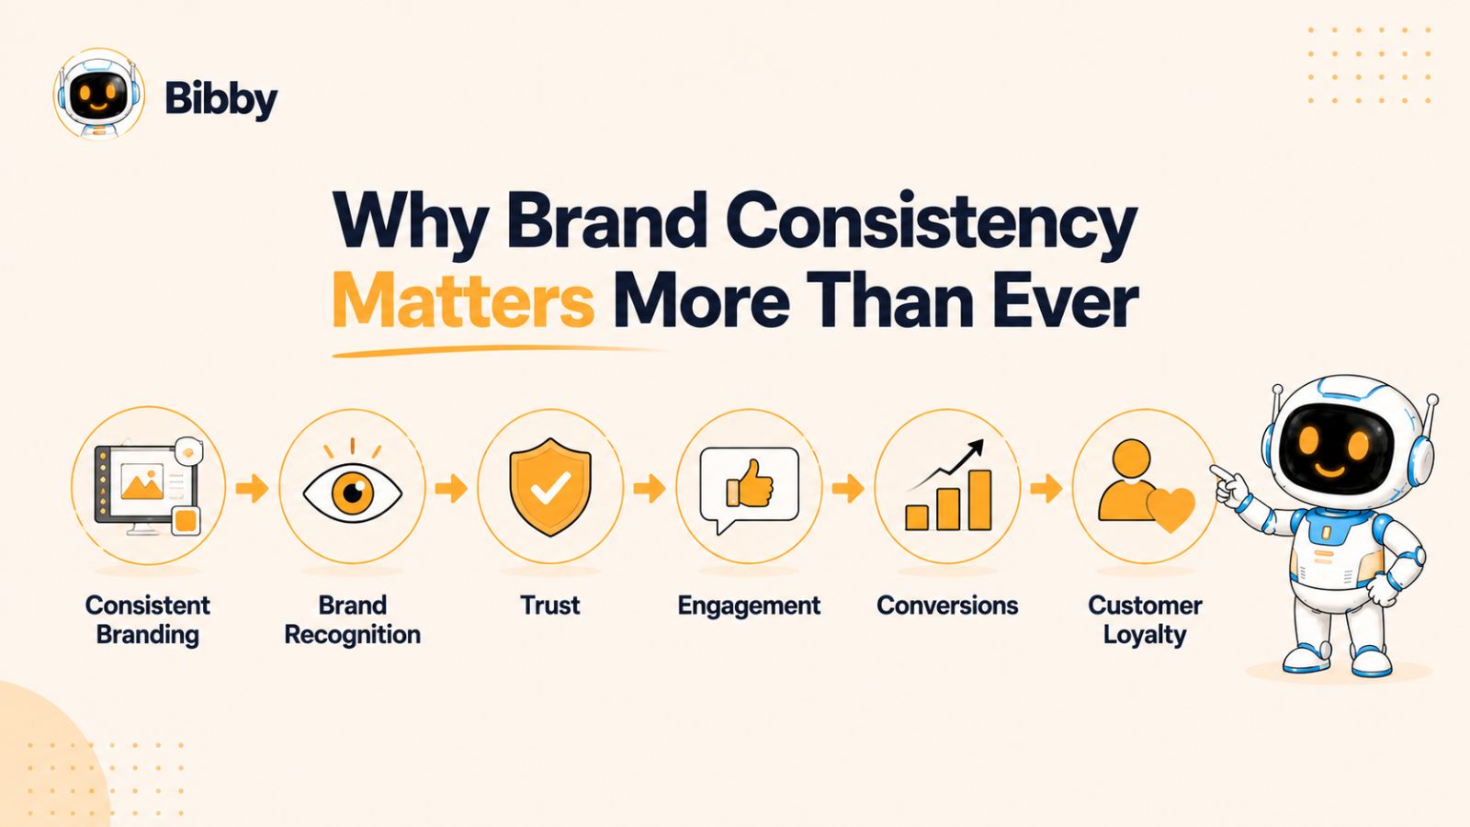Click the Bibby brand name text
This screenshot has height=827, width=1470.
pos(221,100)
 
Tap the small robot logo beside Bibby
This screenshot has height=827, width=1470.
pos(98,94)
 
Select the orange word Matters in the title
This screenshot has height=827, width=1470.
pos(463,301)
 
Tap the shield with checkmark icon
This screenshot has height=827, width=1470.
pos(550,487)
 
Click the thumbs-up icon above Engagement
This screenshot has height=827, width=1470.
pos(750,483)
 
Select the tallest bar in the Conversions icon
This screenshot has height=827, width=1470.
pos(979,500)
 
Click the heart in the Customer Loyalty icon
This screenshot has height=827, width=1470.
pos(1170,509)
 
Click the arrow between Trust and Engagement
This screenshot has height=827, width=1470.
pos(649,488)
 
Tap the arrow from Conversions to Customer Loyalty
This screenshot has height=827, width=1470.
pos(1046,488)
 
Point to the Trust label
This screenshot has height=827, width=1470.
pos(550,606)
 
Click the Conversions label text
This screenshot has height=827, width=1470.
pos(947,606)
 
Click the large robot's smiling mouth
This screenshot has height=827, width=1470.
pos(1330,470)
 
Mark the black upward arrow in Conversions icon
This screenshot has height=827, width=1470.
pos(946,465)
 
